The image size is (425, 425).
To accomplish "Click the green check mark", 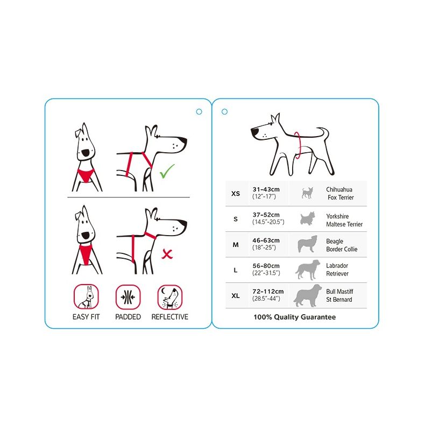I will click(x=167, y=172).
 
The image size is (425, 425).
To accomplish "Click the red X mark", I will click(x=167, y=253).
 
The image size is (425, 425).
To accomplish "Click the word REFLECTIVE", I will click(x=169, y=317).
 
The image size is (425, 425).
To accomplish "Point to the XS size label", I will click(x=236, y=194).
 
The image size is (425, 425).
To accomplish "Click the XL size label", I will click(x=236, y=295).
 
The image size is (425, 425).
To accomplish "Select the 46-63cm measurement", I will click(x=266, y=240).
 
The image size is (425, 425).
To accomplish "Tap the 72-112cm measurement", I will click(x=268, y=291).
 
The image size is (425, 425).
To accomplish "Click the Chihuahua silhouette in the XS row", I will click(x=308, y=193).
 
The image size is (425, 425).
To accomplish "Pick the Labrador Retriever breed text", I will click(x=337, y=270).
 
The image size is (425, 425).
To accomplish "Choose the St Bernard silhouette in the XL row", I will click(x=308, y=295).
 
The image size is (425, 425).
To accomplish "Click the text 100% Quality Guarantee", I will click(x=294, y=317).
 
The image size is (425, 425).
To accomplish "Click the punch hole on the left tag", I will click(x=199, y=111).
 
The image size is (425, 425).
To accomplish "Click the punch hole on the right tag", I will click(x=224, y=111).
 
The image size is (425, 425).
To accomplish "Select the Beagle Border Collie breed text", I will click(x=342, y=245).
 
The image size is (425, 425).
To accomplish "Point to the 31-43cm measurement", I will click(x=266, y=189).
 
